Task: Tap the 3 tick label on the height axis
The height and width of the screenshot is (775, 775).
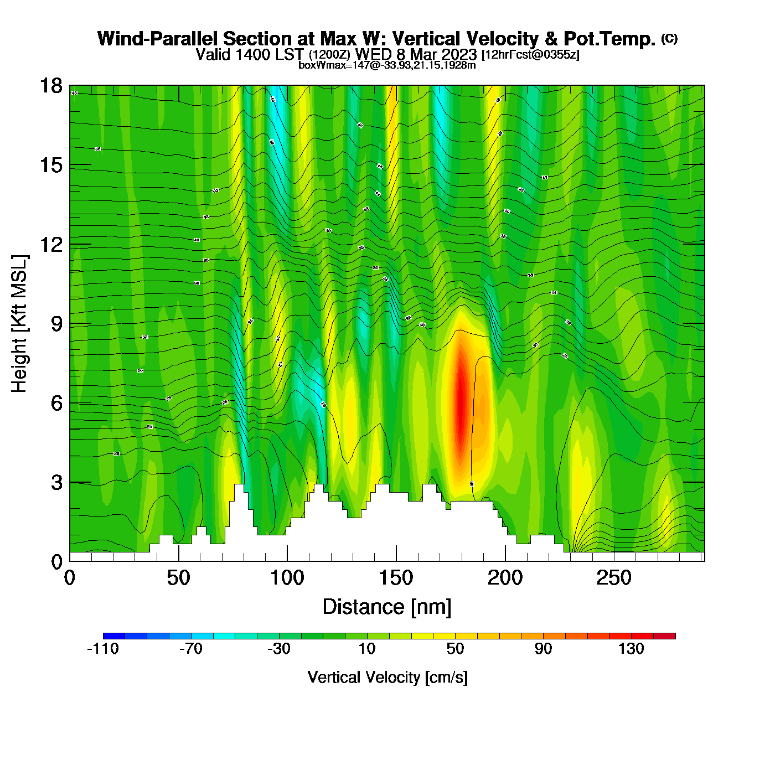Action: click(x=56, y=483)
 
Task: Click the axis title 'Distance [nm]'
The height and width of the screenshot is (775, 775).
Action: click(x=387, y=607)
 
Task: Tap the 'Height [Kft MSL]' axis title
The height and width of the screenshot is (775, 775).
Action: click(x=19, y=324)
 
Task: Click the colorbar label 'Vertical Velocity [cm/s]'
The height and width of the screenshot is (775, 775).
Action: click(x=387, y=677)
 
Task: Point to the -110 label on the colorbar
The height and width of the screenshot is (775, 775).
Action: click(x=103, y=649)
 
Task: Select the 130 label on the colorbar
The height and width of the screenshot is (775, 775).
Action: click(x=631, y=649)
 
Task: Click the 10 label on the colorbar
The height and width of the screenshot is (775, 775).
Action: click(x=367, y=649)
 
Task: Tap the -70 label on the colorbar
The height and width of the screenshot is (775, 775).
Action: click(x=191, y=649)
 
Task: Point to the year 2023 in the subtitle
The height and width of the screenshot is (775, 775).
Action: click(x=458, y=54)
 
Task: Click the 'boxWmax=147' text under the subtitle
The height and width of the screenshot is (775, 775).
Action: click(x=328, y=65)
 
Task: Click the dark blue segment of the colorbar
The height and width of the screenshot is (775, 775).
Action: click(x=114, y=636)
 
